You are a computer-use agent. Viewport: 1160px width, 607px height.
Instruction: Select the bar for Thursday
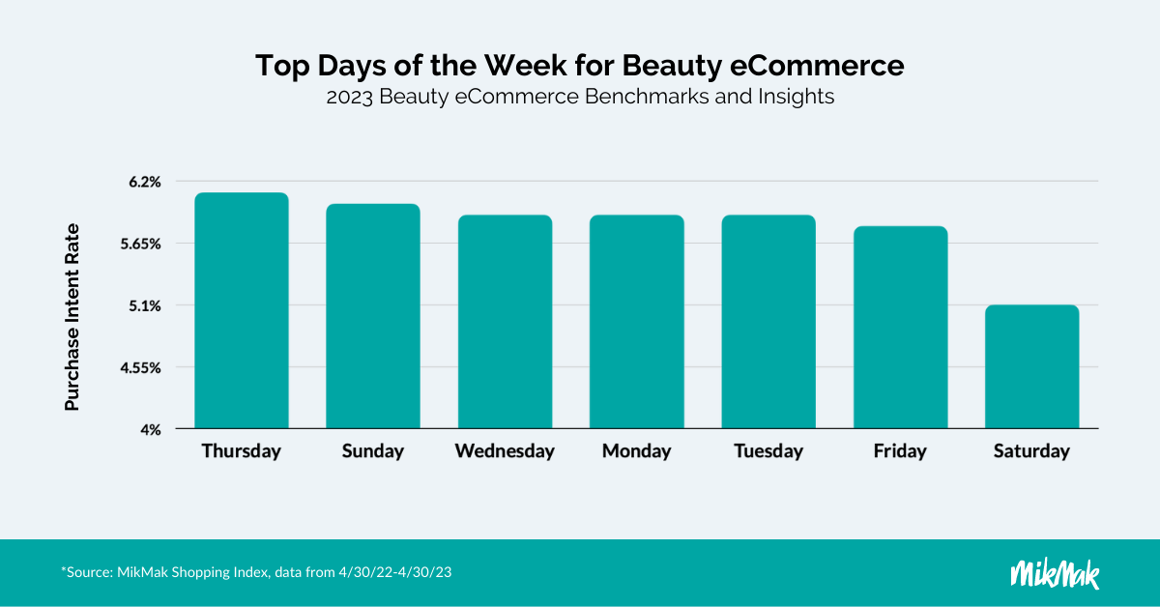click(242, 310)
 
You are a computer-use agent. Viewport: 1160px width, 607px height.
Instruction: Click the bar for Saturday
click(1032, 366)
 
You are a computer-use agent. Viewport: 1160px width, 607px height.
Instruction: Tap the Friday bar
click(901, 328)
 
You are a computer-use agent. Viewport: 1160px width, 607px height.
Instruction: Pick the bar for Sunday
click(373, 316)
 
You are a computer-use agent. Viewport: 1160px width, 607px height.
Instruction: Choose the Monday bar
click(637, 322)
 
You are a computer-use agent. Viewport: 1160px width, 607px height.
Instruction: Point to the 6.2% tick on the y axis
click(145, 182)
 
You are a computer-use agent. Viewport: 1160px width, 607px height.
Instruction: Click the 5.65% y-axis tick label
click(141, 244)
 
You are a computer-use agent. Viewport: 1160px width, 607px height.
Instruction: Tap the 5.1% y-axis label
click(145, 306)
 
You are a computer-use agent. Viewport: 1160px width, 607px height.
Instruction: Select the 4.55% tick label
click(141, 368)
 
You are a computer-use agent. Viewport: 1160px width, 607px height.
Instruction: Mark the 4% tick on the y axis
click(151, 430)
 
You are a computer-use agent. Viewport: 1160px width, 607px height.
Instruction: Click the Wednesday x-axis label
click(505, 451)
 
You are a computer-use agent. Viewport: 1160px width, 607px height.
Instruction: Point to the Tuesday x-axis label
click(768, 451)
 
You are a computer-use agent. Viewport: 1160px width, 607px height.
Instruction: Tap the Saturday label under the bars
click(1031, 451)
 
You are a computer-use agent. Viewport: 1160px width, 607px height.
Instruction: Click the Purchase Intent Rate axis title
click(72, 317)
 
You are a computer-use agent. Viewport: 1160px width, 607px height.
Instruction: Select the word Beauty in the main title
click(672, 67)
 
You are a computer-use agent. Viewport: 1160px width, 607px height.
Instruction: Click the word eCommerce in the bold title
click(817, 66)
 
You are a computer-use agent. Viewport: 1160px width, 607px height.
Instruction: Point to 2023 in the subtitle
click(350, 97)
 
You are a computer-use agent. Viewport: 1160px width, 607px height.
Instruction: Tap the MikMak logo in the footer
click(1055, 574)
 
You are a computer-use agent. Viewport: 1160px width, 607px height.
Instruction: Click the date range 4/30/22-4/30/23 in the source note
click(395, 572)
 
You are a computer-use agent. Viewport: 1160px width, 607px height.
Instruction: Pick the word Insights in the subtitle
click(797, 97)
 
